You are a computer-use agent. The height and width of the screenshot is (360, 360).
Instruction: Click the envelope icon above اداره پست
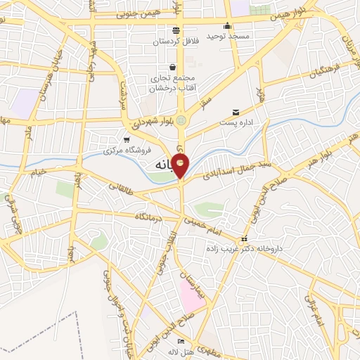coord(236,111)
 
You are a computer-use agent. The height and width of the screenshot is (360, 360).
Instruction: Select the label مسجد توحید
coord(227,35)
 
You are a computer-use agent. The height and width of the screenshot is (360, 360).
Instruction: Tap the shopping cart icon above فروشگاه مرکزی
coord(127,140)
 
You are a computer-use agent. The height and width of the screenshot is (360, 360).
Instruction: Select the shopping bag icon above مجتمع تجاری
coord(173,67)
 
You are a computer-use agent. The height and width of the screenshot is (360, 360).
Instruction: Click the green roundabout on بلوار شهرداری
coord(182,120)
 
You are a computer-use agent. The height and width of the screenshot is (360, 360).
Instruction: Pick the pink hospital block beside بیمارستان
coord(190,295)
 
